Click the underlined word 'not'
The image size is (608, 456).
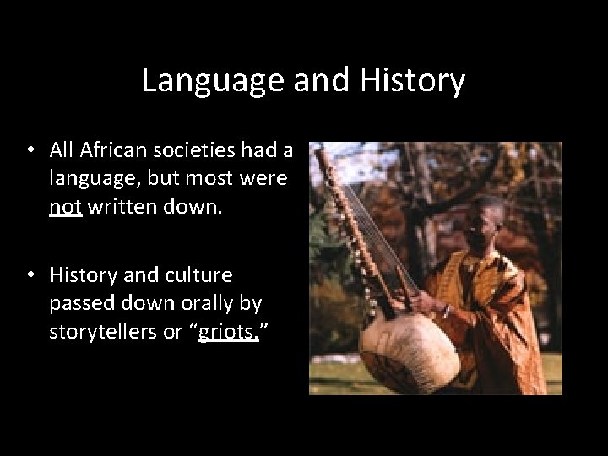pos(64,206)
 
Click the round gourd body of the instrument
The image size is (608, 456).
pos(405,350)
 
